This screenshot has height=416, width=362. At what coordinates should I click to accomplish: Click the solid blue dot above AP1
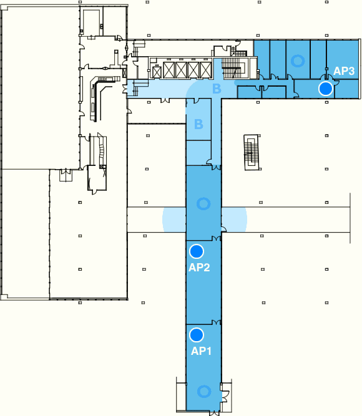pos(197,335)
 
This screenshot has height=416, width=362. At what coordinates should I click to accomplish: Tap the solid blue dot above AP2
pos(197,251)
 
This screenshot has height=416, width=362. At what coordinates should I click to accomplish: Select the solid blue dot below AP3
pos(326,89)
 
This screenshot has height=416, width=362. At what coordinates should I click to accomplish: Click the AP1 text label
pos(201,351)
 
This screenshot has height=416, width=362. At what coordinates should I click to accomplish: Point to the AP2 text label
pos(199,267)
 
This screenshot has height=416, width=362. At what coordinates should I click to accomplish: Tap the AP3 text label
pos(344,71)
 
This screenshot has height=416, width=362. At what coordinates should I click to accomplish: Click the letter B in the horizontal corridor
pos(217,89)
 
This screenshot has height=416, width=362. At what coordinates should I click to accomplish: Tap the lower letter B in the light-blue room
pos(198,124)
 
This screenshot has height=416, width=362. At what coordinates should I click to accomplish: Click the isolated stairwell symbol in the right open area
pos(252,152)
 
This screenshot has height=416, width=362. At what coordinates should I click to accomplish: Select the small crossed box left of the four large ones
pos(157,72)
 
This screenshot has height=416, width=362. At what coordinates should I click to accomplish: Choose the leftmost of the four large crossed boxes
pos(169,70)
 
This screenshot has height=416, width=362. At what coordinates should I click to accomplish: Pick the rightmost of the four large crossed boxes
pos(206,70)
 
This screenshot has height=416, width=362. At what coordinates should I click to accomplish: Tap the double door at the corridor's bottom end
pos(215,413)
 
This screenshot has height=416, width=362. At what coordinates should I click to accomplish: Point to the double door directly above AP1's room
pos(216,322)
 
